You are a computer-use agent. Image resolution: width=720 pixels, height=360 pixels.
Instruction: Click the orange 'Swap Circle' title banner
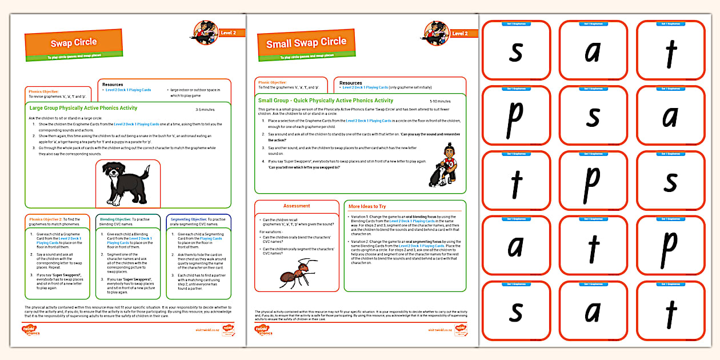pyautogui.click(x=74, y=43)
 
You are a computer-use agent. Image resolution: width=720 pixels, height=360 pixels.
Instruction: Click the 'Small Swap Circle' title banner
pyautogui.click(x=306, y=43)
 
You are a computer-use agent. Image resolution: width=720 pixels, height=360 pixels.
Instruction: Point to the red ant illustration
pyautogui.click(x=298, y=273)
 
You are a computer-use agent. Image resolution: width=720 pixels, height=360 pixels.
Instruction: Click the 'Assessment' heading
pyautogui.click(x=297, y=206)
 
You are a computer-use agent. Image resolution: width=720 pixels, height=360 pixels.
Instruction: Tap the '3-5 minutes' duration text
pyautogui.click(x=205, y=109)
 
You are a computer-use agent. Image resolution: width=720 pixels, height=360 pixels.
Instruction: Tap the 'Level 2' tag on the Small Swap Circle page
pyautogui.click(x=460, y=34)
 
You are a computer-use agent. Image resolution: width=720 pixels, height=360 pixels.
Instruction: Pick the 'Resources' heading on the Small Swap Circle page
pyautogui.click(x=351, y=83)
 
